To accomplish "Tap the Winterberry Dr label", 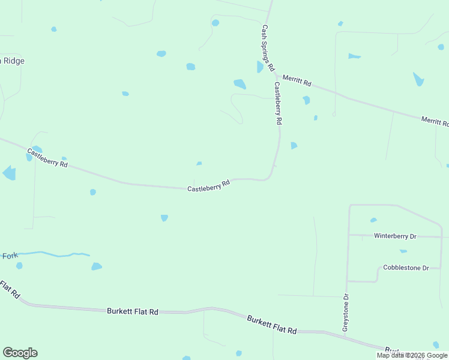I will [x=396, y=236].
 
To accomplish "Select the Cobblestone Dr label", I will [x=406, y=268].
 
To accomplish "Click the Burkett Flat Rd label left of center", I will [x=133, y=311].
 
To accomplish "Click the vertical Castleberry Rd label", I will [x=278, y=103].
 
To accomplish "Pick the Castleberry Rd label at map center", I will [x=209, y=186].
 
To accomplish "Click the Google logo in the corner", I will [x=20, y=353].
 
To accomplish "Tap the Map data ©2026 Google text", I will [x=412, y=355].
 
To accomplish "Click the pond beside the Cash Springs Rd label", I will [x=260, y=67].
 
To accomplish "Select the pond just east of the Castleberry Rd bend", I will [x=294, y=145].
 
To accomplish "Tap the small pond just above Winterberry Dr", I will [x=373, y=220].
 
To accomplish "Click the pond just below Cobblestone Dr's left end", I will [x=403, y=251].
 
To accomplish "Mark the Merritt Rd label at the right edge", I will [x=435, y=121].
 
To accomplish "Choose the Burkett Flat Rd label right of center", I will [x=272, y=325].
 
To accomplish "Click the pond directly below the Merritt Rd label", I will [x=306, y=100].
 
